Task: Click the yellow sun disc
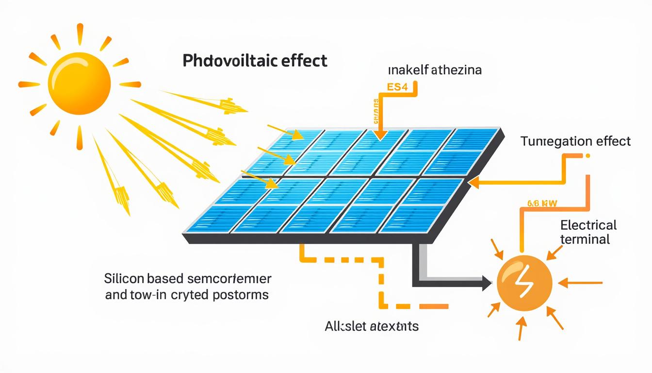click(x=79, y=84)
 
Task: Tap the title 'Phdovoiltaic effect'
click(x=255, y=61)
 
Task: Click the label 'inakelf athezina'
click(x=435, y=71)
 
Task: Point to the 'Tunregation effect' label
click(x=575, y=141)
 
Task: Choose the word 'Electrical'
click(x=588, y=225)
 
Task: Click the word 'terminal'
click(x=585, y=239)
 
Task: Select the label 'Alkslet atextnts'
click(x=371, y=326)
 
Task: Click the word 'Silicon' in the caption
click(x=127, y=279)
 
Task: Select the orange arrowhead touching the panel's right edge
click(x=475, y=183)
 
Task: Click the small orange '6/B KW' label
click(x=540, y=204)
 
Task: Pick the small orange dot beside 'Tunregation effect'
click(x=588, y=156)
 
